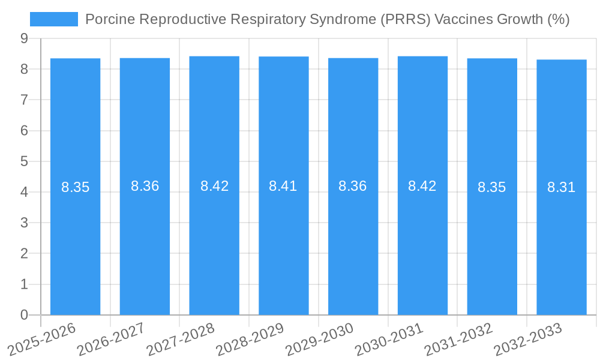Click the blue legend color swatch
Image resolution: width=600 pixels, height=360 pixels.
(54, 19)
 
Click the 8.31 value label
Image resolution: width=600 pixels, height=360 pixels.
(562, 187)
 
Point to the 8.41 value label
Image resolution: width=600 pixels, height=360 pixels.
(283, 186)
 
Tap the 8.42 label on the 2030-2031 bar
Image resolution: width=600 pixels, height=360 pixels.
(422, 186)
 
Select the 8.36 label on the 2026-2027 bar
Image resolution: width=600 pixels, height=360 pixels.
(145, 186)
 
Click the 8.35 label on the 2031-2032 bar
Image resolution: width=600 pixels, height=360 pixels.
(492, 187)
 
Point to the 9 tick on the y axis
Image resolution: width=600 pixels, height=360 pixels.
(24, 38)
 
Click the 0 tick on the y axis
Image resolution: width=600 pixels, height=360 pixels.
(24, 315)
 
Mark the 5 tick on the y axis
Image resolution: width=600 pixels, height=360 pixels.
(24, 161)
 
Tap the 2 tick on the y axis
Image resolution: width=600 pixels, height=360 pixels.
(24, 254)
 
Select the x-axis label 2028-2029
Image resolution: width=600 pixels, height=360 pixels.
(250, 338)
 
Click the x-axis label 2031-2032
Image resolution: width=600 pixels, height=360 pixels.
(459, 338)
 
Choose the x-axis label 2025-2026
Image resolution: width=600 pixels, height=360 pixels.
(42, 338)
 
